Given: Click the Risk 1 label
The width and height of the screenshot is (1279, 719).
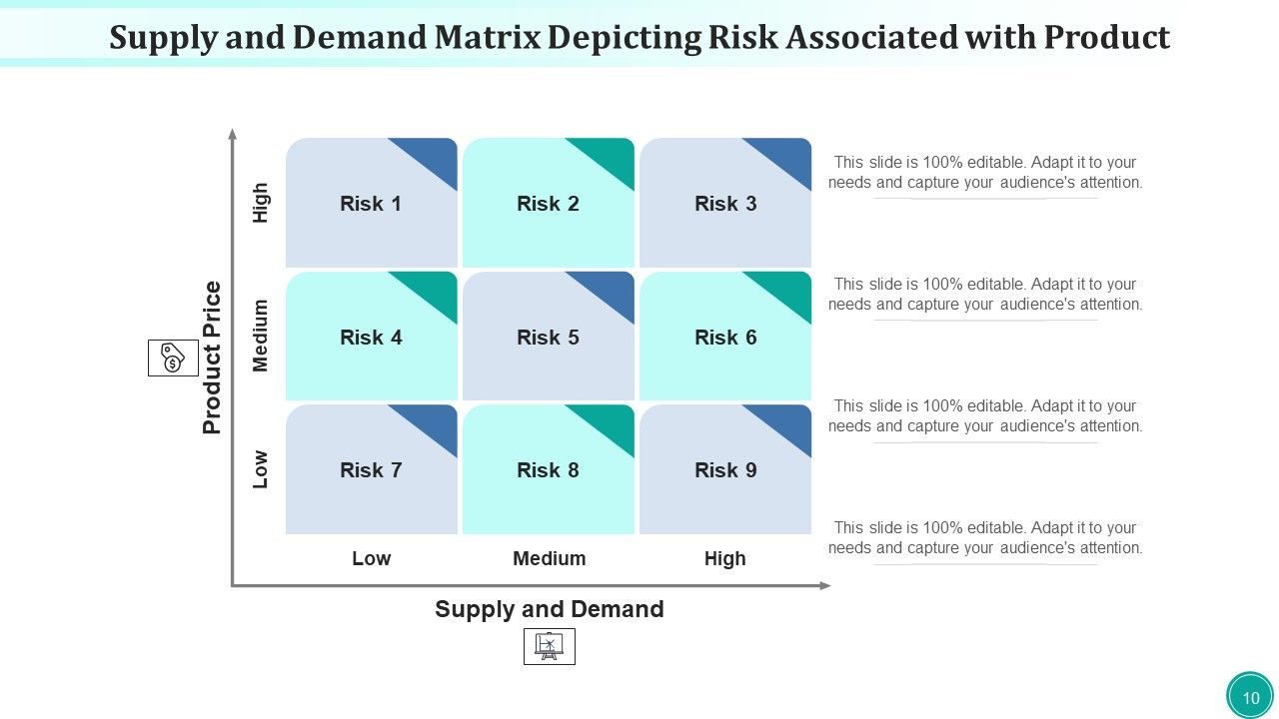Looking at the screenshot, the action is tap(371, 204).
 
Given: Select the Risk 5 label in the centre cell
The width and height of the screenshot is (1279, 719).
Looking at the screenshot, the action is tap(548, 338).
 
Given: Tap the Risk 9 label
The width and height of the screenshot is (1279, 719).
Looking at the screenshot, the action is tap(725, 470).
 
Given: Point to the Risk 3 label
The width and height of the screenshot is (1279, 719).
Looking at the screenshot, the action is tap(725, 204).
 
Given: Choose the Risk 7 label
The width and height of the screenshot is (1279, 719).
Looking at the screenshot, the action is tap(371, 470).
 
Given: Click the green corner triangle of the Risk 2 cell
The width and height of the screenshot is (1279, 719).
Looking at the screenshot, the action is tap(611, 155).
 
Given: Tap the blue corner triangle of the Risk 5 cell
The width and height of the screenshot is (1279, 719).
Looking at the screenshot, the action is tap(611, 289).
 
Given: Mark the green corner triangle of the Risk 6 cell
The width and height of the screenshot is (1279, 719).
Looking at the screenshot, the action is tap(788, 289).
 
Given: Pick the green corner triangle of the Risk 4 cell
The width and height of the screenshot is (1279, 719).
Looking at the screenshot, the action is tap(434, 289).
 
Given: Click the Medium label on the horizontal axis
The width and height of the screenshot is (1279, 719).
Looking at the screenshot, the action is tap(550, 558).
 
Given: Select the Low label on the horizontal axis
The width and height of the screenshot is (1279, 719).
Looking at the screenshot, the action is tap(371, 558).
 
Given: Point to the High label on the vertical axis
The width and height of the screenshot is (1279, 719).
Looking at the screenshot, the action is tap(261, 203).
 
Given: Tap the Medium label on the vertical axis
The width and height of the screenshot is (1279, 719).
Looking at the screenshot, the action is tap(261, 336).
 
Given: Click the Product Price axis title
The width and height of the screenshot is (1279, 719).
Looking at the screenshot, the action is tap(211, 358).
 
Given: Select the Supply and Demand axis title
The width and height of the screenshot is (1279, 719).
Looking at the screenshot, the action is tap(550, 609).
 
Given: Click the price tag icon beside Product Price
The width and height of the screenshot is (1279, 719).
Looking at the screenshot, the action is tap(173, 358).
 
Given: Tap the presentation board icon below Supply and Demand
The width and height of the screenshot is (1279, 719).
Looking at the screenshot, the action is tap(550, 646).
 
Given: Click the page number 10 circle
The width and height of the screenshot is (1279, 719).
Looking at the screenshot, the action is tap(1250, 696).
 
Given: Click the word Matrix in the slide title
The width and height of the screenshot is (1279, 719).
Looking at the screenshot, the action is tap(487, 38).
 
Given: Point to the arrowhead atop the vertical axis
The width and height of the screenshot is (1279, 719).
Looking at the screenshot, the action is tap(233, 134).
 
